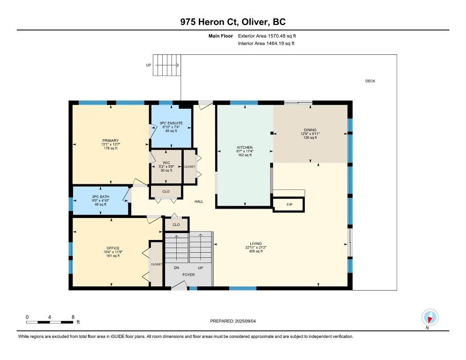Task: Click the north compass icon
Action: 430,317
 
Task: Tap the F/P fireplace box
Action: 289,204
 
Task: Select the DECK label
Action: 370,81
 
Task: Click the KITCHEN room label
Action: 245,148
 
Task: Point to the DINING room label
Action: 310,130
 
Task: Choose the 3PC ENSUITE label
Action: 171,123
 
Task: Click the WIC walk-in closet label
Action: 166,163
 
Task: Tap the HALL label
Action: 199,202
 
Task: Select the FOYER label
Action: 188,275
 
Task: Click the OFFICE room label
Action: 113,248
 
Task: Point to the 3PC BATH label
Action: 100,197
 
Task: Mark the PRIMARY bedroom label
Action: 110,141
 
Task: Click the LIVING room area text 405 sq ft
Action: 256,251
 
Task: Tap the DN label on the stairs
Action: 176,268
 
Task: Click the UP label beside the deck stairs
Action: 148,65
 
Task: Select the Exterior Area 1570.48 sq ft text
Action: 267,36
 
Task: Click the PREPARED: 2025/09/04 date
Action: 233,321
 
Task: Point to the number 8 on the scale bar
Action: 73,317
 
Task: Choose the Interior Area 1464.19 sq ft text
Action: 266,44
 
